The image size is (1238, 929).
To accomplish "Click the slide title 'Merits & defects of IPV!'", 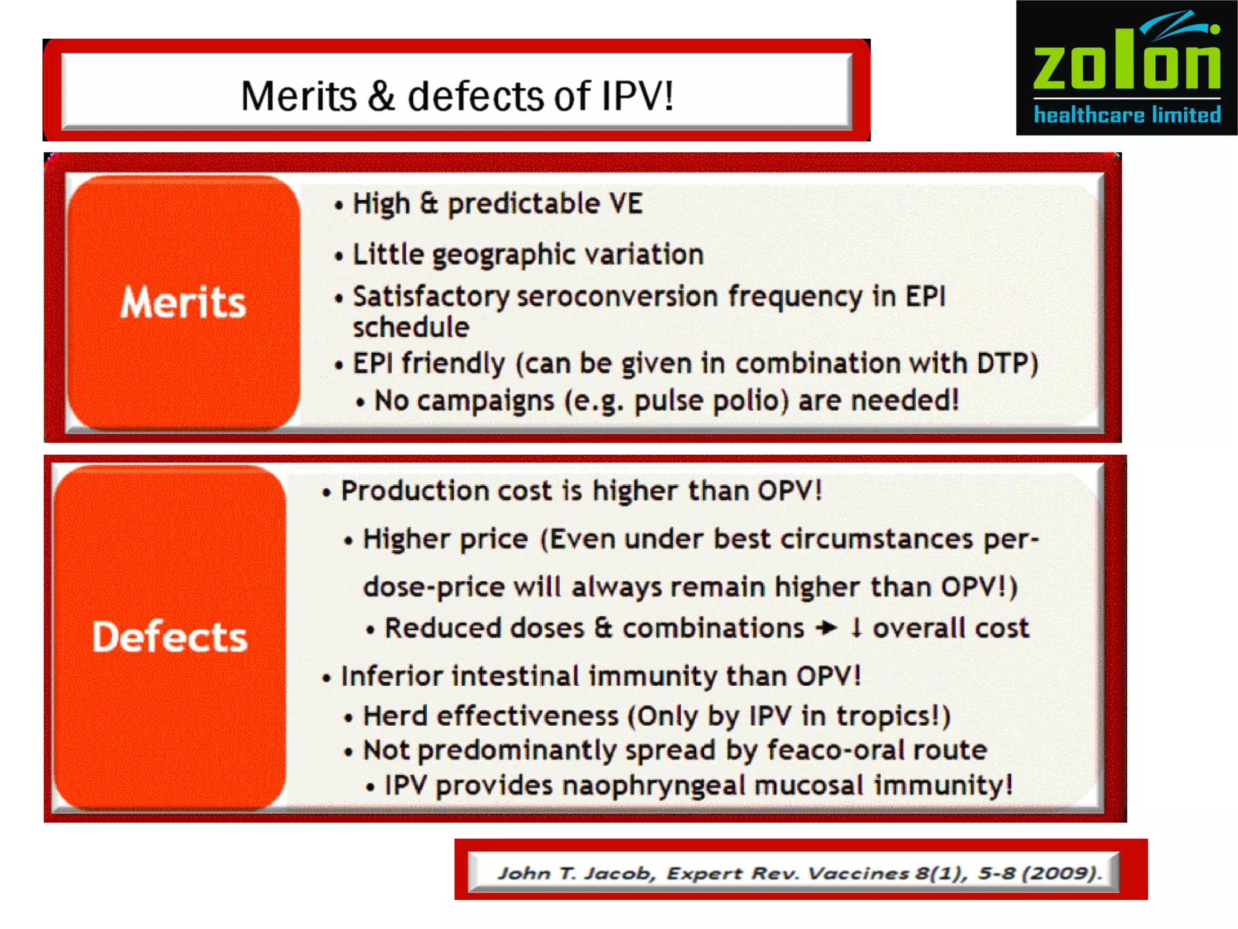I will tap(457, 96).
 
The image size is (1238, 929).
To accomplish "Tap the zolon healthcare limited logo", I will tap(1127, 68).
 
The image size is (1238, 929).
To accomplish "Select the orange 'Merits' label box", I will tap(184, 302).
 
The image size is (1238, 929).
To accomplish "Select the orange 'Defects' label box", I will tap(170, 637).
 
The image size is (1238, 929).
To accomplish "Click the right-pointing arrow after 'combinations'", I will tap(826, 628).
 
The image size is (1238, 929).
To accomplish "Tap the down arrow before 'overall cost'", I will tap(855, 627).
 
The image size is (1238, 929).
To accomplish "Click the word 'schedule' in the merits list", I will tap(411, 327).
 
